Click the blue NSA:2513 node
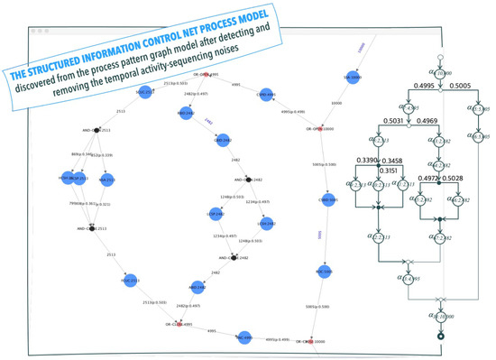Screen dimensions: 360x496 pyautogui.click(x=107, y=180)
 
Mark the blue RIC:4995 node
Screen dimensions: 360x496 pyautogui.click(x=244, y=337)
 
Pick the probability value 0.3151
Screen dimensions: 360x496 pyautogui.click(x=390, y=169)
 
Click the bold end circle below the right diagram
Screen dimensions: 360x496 pyautogui.click(x=441, y=336)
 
